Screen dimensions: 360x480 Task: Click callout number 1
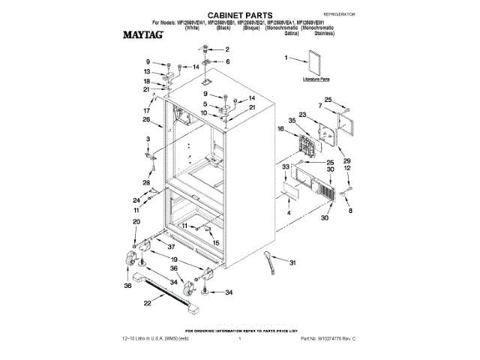pos(286,57)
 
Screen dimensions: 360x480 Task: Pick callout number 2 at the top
pos(228,49)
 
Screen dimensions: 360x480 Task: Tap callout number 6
pos(228,61)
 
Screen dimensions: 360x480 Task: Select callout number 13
pos(148,71)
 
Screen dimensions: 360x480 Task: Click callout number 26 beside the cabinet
pos(147,119)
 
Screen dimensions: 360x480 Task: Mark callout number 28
pos(146,182)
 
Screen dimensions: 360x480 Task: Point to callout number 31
pos(293,262)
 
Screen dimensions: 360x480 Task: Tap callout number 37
pos(171,247)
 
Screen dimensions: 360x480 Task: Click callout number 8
pos(349,212)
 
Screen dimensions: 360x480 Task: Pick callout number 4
pos(288,212)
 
